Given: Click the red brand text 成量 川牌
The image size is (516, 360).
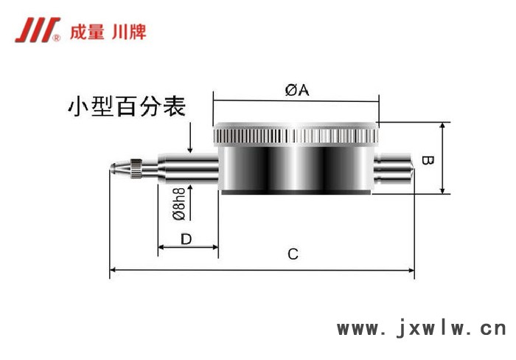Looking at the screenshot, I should [107, 32].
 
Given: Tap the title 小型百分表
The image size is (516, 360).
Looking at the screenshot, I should [125, 108].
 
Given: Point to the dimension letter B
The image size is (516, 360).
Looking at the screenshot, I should [426, 159].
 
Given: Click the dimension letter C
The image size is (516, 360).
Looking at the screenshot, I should [293, 255].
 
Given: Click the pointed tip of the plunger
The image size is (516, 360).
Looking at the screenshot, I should [112, 168].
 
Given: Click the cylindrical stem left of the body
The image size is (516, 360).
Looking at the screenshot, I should [188, 168].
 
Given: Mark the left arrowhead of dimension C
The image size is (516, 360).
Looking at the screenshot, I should [113, 271].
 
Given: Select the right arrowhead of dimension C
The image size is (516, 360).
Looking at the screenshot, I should [411, 271].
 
